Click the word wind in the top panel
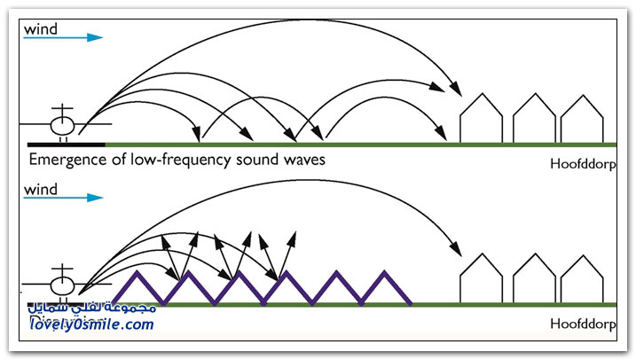[42, 28]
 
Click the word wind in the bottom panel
[42, 190]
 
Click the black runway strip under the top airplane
[67, 143]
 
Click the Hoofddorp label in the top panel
[584, 165]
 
